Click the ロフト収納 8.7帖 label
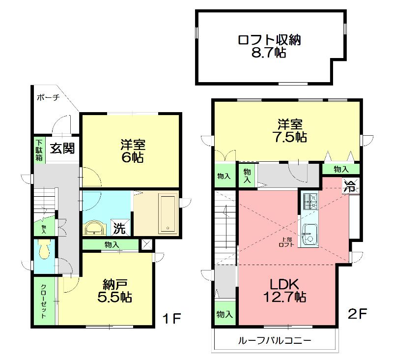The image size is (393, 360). (269, 46)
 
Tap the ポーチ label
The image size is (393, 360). (48, 98)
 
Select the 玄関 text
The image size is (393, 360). (61, 148)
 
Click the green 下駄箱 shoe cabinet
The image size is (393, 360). (39, 150)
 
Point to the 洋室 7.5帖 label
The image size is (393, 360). (287, 130)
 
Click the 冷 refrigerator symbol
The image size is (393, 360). (350, 186)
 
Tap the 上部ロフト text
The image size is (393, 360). (286, 242)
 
